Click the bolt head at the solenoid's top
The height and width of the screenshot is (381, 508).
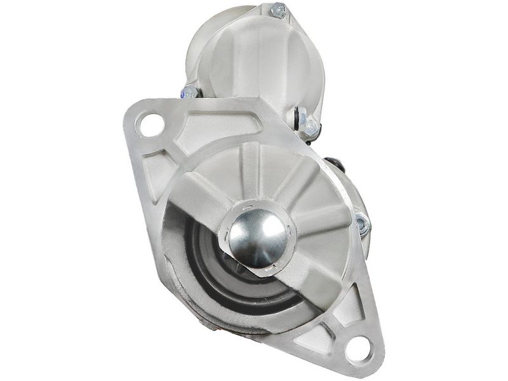[x=277, y=11]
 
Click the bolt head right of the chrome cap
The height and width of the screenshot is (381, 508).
[x=361, y=224]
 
